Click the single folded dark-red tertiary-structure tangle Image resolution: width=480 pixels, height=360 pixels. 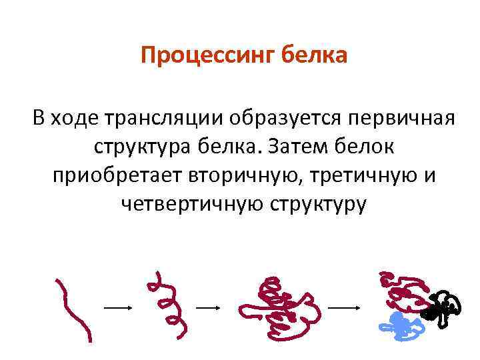point(273,303)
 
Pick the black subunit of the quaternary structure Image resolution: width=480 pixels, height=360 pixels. point(441,307)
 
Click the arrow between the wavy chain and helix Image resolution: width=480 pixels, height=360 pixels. point(119,308)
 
